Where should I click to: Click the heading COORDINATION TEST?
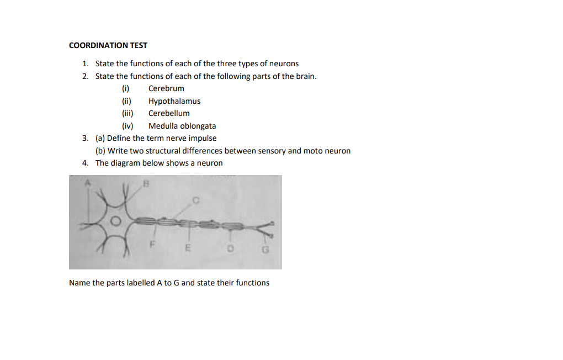[x=108, y=45]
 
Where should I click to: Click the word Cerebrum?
[x=166, y=88]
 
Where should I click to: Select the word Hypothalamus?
[x=174, y=101]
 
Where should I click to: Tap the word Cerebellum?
[x=169, y=113]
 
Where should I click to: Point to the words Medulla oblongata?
[x=182, y=126]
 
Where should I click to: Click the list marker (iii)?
[x=128, y=114]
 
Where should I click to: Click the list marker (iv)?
[x=128, y=126]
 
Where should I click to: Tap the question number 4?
[x=85, y=163]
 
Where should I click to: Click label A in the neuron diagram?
[x=87, y=183]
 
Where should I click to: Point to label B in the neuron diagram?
[x=146, y=184]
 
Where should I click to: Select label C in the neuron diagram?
[x=196, y=200]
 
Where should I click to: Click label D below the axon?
[x=231, y=248]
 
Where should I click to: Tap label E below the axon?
[x=188, y=248]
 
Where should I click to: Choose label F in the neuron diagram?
[x=152, y=245]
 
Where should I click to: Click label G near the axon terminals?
[x=265, y=250]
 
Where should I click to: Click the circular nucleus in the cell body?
[x=115, y=221]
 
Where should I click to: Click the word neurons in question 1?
[x=284, y=63]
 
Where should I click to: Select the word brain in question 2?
[x=306, y=76]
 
